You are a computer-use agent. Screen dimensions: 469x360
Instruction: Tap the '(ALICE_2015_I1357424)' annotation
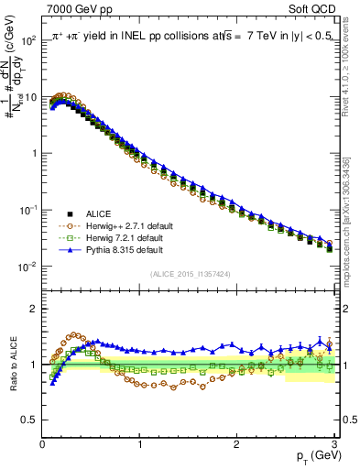[x=189, y=273]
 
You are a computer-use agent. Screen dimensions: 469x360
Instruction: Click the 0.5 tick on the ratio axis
[x=30, y=420]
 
